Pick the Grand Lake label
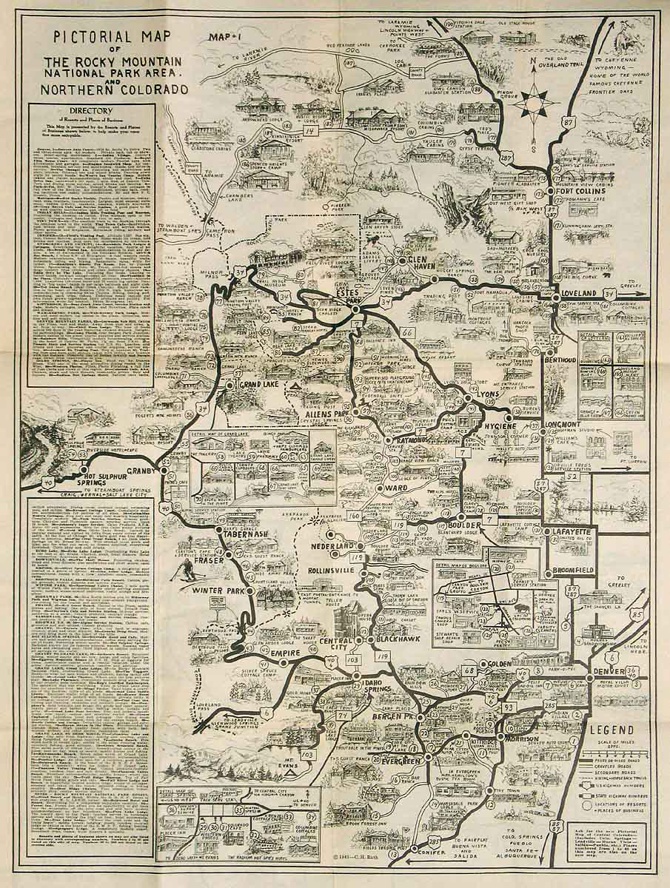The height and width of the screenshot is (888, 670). pyautogui.click(x=258, y=385)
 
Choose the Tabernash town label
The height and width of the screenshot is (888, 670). pyautogui.click(x=252, y=534)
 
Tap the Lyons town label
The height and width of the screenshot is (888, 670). pyautogui.click(x=489, y=394)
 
